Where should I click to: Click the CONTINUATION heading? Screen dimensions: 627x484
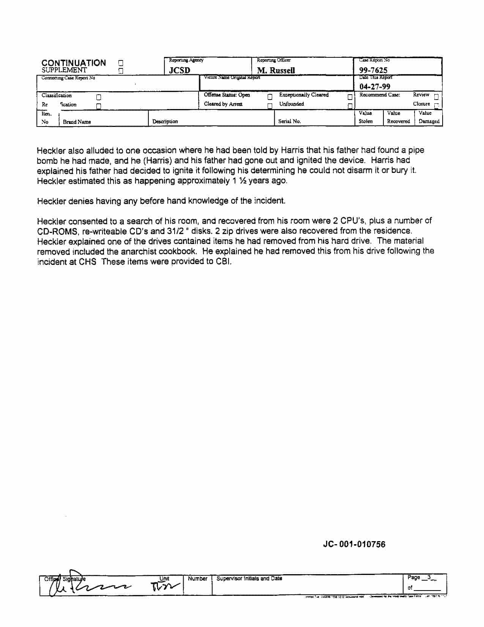coord(74,63)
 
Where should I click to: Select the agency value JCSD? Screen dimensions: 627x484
coord(180,70)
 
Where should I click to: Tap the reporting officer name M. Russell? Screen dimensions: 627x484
coord(276,70)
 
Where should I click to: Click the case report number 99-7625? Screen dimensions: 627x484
coord(373,70)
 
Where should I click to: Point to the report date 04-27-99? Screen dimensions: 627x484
coord(375,86)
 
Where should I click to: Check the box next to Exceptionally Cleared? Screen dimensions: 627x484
coord(350,97)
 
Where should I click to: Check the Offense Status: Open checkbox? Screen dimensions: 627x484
coord(270,97)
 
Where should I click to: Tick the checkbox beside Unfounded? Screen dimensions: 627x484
coord(350,106)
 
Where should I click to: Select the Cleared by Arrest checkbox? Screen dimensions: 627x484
coord(270,106)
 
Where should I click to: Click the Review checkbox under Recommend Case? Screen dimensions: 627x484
coord(436,97)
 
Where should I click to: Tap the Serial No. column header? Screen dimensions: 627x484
coord(289,121)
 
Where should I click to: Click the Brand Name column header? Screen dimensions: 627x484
coord(77,122)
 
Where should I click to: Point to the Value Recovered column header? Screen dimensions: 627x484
coord(398,117)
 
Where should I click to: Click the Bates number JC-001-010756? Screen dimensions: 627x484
coord(354,544)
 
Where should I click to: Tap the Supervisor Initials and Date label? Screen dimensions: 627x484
coord(249,578)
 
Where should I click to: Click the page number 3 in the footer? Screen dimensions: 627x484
coord(429,577)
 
